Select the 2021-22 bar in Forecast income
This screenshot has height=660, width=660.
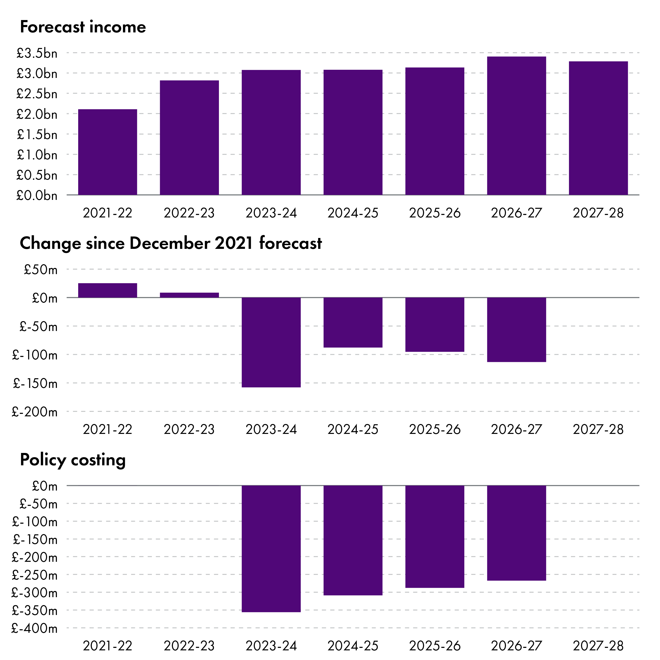(x=108, y=152)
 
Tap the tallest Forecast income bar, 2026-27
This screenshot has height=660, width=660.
(x=516, y=126)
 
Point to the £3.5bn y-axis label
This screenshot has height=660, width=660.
(x=37, y=53)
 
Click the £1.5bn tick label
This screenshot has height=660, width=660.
(x=37, y=135)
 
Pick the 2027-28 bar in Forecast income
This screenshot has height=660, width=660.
(x=598, y=128)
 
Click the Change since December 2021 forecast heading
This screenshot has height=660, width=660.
(x=170, y=243)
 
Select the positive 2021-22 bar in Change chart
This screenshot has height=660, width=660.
(x=108, y=290)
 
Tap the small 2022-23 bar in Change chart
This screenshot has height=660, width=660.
(x=189, y=295)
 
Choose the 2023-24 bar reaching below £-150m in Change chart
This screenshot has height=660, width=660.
(x=271, y=342)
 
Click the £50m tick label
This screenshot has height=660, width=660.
(x=40, y=270)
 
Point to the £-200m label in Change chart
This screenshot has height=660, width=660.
(x=34, y=412)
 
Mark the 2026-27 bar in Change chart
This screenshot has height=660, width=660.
(x=516, y=330)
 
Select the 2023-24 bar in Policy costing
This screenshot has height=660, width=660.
(x=271, y=548)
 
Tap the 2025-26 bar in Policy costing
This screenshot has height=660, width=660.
(x=435, y=536)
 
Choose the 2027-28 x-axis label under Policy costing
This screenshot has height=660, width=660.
(x=598, y=646)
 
